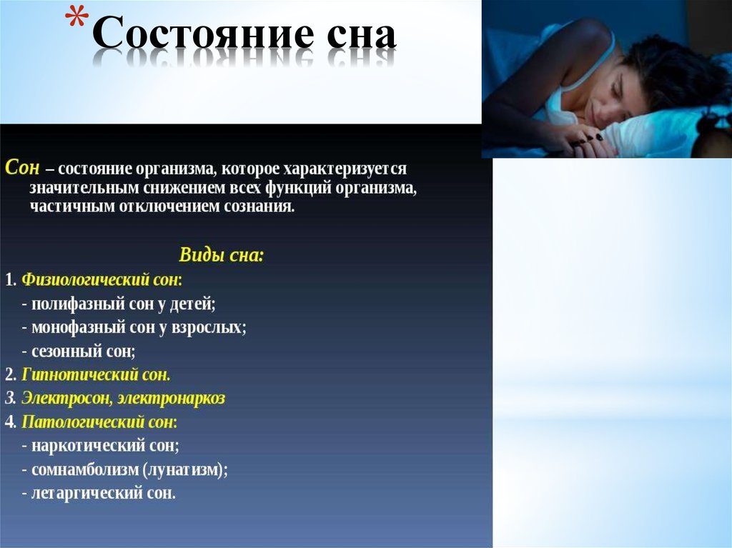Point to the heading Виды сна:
(221, 255)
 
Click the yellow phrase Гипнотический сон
(96, 374)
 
